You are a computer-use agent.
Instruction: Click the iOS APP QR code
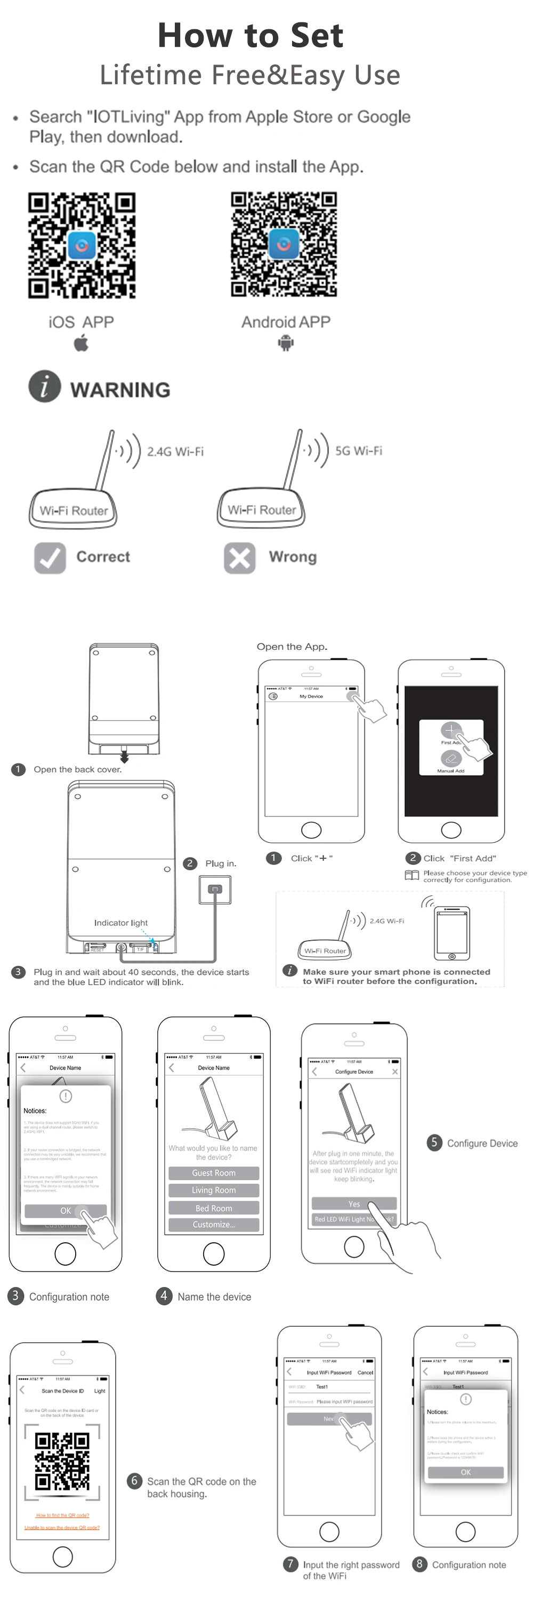click(82, 245)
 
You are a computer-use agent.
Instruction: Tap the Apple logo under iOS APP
click(82, 343)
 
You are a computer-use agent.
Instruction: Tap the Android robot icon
click(286, 343)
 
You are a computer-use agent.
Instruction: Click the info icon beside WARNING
click(45, 387)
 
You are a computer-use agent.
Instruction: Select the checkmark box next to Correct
click(50, 558)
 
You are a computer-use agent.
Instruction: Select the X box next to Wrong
click(239, 558)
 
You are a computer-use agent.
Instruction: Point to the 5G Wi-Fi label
click(359, 451)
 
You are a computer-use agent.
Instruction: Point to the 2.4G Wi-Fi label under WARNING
click(175, 452)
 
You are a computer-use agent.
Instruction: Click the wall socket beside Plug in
click(215, 890)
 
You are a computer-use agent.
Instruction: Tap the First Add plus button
click(450, 730)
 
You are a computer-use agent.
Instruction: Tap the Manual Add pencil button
click(450, 758)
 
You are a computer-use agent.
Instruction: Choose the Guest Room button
click(213, 1173)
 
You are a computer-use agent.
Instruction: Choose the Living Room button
click(213, 1191)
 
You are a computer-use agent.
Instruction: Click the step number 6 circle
click(134, 1481)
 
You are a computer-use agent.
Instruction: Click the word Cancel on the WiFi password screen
click(366, 1372)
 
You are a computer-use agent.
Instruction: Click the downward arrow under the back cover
click(124, 757)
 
